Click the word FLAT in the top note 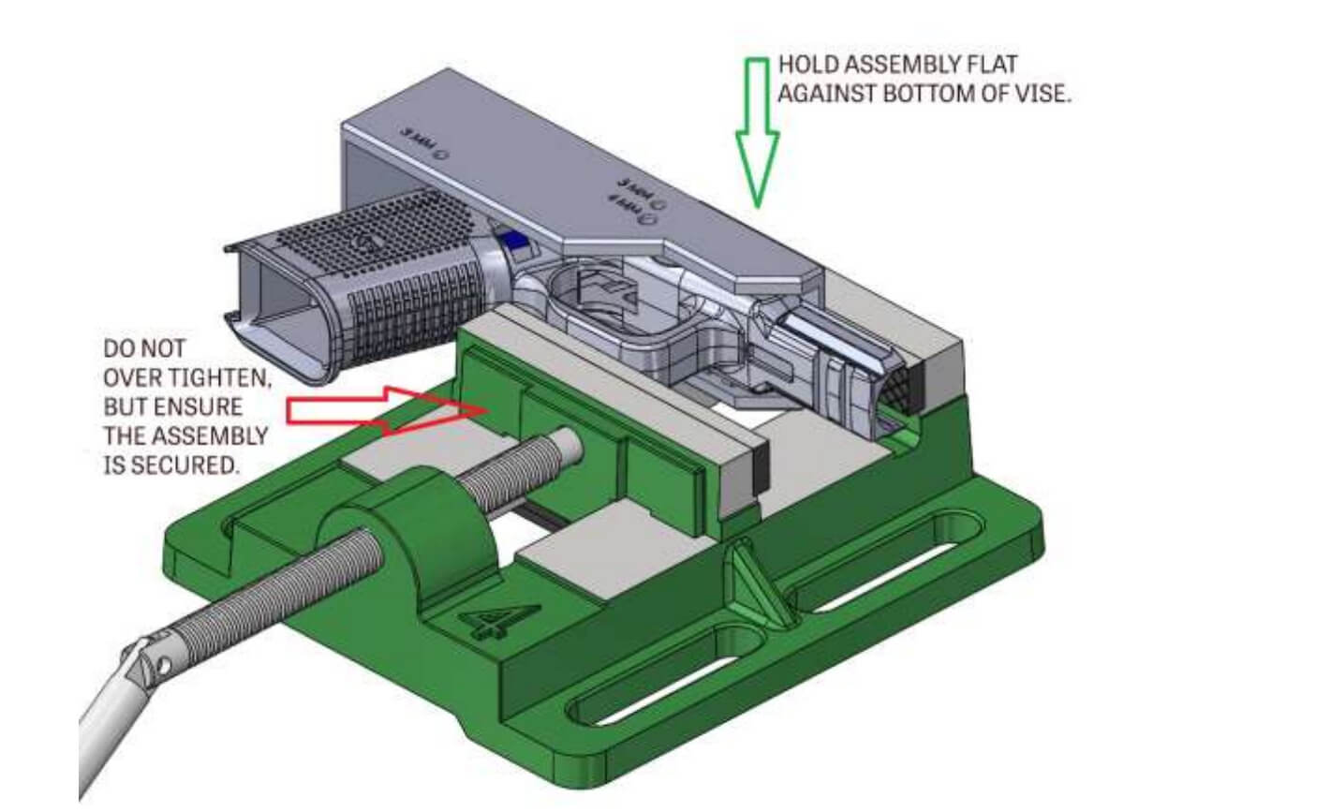tap(993, 66)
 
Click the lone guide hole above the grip tap(439, 157)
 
